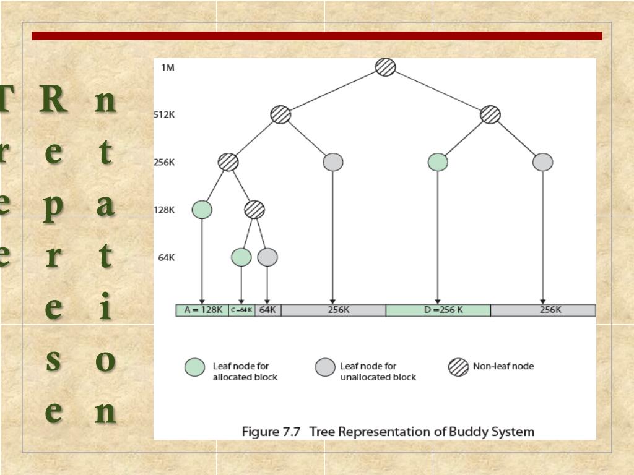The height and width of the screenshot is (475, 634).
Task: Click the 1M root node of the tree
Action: (x=385, y=67)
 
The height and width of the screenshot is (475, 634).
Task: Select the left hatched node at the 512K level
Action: (x=280, y=114)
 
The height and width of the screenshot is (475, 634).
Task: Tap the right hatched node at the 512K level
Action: (x=490, y=114)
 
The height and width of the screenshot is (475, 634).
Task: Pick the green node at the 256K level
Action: (x=438, y=162)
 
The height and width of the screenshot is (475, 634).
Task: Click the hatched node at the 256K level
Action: (x=228, y=162)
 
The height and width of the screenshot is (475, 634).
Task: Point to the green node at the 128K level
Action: (x=202, y=210)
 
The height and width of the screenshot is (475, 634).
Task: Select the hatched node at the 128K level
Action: (x=254, y=210)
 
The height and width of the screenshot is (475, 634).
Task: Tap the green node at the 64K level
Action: (x=241, y=257)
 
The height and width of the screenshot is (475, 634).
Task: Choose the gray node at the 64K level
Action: (x=267, y=257)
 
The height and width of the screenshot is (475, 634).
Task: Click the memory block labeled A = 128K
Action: (x=202, y=310)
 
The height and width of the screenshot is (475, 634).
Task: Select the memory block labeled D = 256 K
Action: (x=438, y=310)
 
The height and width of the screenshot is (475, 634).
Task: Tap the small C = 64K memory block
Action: (x=241, y=310)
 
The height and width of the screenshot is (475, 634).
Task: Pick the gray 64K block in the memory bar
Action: (x=267, y=310)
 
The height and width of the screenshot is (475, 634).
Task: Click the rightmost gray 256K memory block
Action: (x=543, y=310)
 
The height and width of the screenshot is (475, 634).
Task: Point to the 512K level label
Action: (x=164, y=114)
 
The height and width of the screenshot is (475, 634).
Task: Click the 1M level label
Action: (x=167, y=67)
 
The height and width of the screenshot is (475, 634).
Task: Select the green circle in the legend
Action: (x=195, y=367)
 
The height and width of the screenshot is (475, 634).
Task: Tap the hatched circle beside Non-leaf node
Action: (x=458, y=367)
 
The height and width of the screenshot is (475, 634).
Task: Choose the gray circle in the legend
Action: (x=325, y=367)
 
